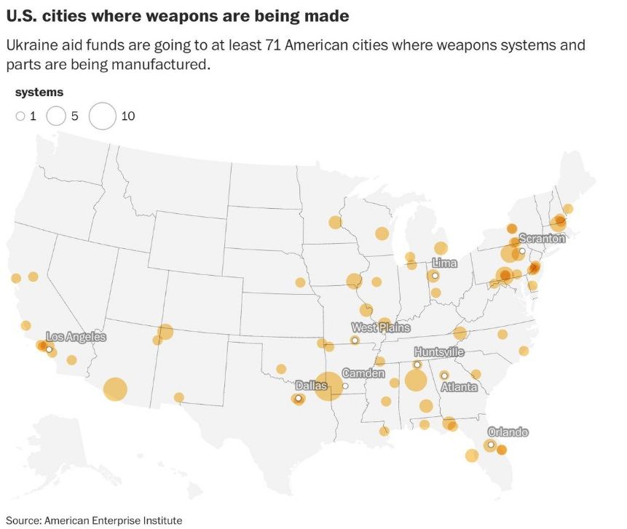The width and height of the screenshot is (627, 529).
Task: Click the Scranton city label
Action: coord(542,239)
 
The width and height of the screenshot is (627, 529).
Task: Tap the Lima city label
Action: coord(444,263)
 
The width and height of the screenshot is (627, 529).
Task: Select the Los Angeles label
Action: coord(76,337)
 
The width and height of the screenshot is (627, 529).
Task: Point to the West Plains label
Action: coord(380,328)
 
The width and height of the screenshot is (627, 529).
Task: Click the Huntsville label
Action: coord(439,352)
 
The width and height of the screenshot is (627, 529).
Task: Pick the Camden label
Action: coord(363,373)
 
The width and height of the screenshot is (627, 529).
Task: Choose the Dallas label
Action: coord(311,386)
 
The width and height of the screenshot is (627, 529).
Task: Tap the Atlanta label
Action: coord(460,387)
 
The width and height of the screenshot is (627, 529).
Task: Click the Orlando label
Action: coord(508,432)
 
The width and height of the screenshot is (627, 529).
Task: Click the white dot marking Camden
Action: coord(345,386)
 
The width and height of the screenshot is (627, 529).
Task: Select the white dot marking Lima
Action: coord(435,276)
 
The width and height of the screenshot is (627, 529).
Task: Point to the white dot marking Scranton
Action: coord(522,251)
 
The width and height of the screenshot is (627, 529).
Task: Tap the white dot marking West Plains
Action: coord(355,341)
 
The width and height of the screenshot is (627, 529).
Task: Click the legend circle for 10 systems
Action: coord(103,116)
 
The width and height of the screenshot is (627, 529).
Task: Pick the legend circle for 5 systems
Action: coord(56,116)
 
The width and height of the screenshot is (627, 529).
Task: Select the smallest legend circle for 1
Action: coord(20,116)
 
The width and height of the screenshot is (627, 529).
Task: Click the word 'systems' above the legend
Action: coord(39,92)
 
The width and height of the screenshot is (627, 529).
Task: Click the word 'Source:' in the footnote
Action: coord(23,520)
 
